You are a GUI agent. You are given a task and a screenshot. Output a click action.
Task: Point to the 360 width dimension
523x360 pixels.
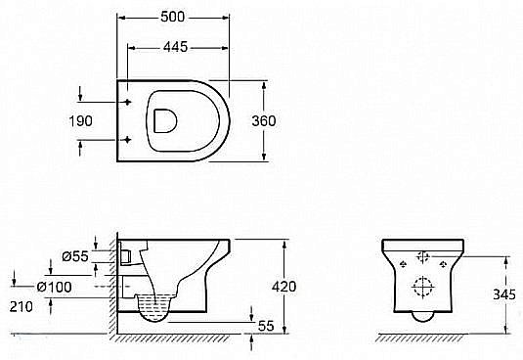point(290,120)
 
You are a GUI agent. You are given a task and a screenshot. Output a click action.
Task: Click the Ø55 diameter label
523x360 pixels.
point(74,256)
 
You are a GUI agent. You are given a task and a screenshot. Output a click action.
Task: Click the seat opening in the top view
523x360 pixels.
point(163,120)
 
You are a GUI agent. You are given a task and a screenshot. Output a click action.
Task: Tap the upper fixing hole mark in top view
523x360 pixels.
point(128,101)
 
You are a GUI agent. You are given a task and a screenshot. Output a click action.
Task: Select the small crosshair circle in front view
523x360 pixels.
point(424,257)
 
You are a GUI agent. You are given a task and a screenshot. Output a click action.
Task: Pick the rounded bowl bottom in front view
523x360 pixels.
point(424,316)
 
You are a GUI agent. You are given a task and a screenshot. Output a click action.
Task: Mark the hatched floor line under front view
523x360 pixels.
point(422,338)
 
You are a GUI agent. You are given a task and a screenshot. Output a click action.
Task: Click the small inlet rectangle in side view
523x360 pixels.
point(127,255)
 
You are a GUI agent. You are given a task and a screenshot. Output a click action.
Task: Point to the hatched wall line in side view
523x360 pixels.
point(112,293)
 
